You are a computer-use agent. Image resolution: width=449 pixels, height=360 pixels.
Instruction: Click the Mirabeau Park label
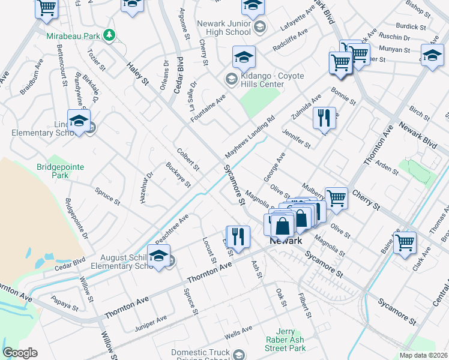pyautogui.click(x=73, y=36)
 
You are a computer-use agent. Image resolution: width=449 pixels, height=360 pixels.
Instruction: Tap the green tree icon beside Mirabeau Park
pyautogui.click(x=109, y=36)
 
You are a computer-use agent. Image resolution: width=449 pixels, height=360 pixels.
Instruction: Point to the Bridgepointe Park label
pyautogui.click(x=60, y=171)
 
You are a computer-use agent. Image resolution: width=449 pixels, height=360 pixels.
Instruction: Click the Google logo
pyautogui.click(x=20, y=353)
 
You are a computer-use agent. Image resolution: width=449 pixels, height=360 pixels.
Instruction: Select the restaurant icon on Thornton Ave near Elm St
pyautogui.click(x=238, y=236)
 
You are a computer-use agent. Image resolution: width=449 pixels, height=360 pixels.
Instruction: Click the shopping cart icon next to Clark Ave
pyautogui.click(x=405, y=242)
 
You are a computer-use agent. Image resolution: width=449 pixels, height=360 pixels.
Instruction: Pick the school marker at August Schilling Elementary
pyautogui.click(x=158, y=255)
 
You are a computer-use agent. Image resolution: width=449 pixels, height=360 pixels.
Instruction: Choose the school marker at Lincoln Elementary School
pyautogui.click(x=79, y=121)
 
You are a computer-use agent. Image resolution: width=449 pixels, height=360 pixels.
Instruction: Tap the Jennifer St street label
pyautogui.click(x=297, y=137)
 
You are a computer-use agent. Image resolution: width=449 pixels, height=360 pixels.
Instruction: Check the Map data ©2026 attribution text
pyautogui.click(x=423, y=355)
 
